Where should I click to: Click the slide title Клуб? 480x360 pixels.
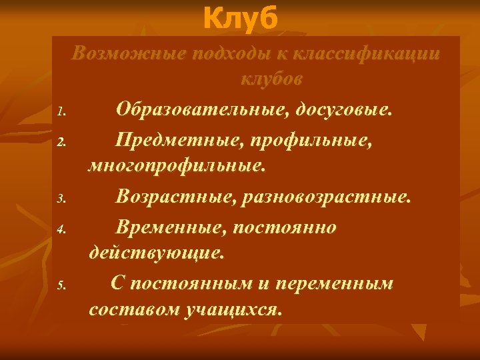pyautogui.click(x=239, y=19)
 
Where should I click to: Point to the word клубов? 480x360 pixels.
pyautogui.click(x=271, y=79)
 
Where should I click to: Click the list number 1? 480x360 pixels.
pyautogui.click(x=60, y=111)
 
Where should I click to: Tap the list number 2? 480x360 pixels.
pyautogui.click(x=60, y=142)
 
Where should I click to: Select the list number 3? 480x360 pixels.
pyautogui.click(x=60, y=199)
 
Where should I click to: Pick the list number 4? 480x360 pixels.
pyautogui.click(x=60, y=231)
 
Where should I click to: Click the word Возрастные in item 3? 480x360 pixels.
pyautogui.click(x=175, y=197)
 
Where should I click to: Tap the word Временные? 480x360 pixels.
pyautogui.click(x=170, y=228)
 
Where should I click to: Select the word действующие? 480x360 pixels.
pyautogui.click(x=157, y=253)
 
